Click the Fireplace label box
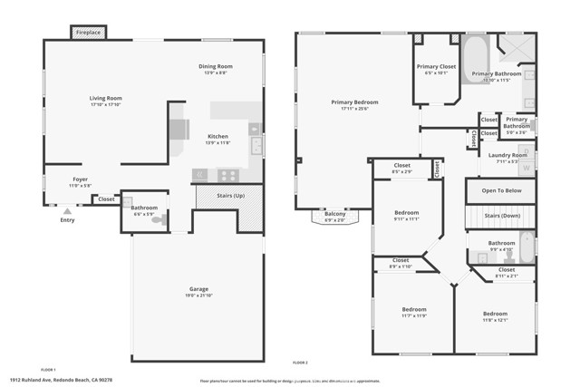[x=88, y=31]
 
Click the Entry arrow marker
[x=67, y=210]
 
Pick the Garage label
[x=198, y=290]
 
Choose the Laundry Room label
[x=507, y=155]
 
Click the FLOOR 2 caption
[x=300, y=363]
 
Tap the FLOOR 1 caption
[x=49, y=370]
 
